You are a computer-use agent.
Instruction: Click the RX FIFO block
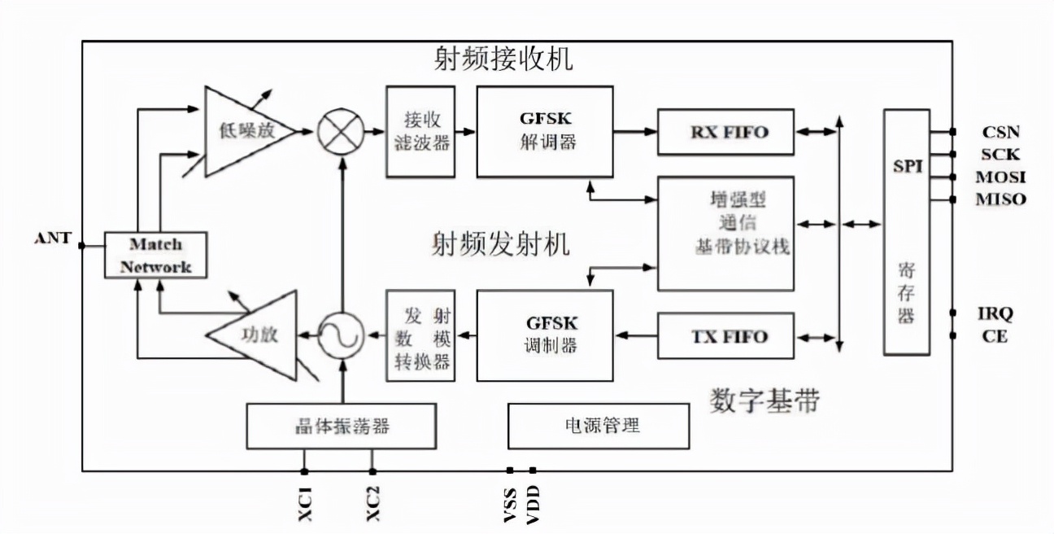click(725, 132)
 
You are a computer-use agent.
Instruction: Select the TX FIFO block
click(725, 336)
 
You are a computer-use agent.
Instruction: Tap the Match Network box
click(155, 255)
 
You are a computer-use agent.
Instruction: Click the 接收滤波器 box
click(420, 131)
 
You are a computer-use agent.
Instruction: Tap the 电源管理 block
click(599, 426)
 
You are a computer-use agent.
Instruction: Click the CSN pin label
click(1000, 132)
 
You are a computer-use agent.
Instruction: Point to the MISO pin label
click(1000, 199)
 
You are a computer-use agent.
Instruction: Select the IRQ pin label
click(995, 313)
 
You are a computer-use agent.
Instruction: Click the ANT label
click(53, 239)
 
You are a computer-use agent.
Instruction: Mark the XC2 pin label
click(372, 504)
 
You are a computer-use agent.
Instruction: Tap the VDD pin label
click(534, 504)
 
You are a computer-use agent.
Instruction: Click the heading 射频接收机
click(503, 59)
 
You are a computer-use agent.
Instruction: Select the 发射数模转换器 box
click(420, 335)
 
